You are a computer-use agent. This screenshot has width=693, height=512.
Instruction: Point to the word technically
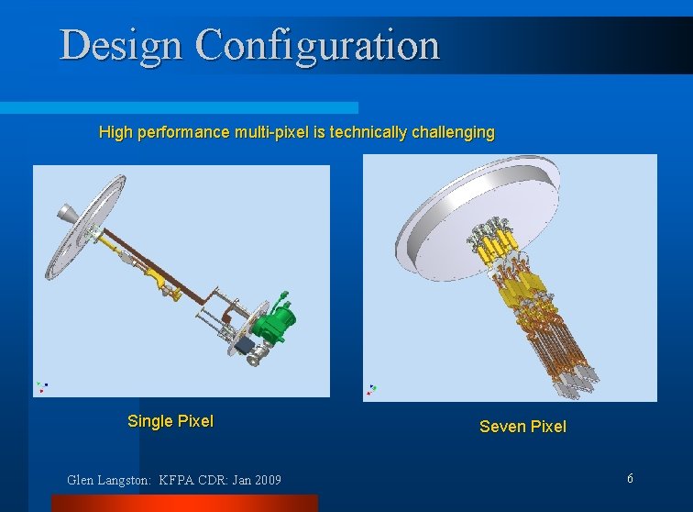click(368, 132)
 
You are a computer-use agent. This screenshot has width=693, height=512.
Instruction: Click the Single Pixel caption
click(170, 421)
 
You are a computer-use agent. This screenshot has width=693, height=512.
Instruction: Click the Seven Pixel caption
click(522, 426)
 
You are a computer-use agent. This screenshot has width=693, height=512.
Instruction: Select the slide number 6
click(630, 478)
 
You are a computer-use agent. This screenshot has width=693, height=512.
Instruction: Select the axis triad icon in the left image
click(41, 387)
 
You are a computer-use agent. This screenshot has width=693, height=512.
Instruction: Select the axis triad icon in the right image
click(370, 389)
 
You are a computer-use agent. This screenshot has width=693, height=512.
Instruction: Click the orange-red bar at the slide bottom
click(183, 503)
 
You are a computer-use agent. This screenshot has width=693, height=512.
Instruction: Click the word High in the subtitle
click(115, 132)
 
